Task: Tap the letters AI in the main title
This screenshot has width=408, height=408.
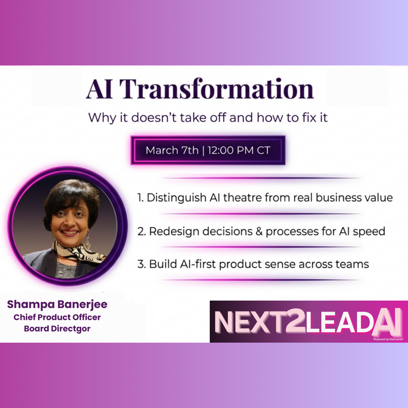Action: [99, 89]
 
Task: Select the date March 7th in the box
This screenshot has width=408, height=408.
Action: [172, 150]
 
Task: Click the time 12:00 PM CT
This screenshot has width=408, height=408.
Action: [239, 150]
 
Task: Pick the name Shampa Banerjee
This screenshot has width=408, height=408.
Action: [57, 304]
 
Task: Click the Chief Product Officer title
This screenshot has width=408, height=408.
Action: [57, 317]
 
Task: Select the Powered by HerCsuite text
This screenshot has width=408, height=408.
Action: [388, 339]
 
